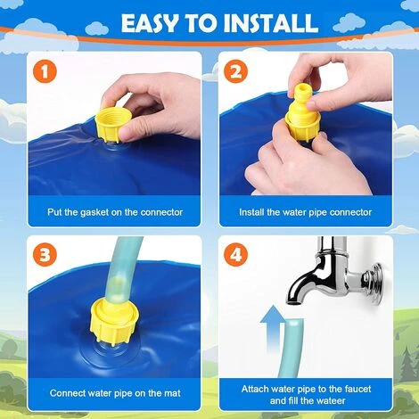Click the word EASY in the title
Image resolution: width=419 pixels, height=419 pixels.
click(x=151, y=23)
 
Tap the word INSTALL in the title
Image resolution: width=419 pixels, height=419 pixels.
click(x=271, y=23)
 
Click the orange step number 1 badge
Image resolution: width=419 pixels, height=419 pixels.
click(x=45, y=71)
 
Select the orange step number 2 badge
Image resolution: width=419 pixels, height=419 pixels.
click(x=235, y=71)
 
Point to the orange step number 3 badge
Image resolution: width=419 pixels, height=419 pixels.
click(x=45, y=255)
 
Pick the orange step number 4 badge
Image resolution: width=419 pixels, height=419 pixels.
click(x=235, y=255)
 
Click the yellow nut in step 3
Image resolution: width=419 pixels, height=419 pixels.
click(x=115, y=322)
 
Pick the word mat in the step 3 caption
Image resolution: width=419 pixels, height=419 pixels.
click(x=173, y=393)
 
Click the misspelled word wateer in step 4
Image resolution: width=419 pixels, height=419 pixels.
click(x=330, y=400)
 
